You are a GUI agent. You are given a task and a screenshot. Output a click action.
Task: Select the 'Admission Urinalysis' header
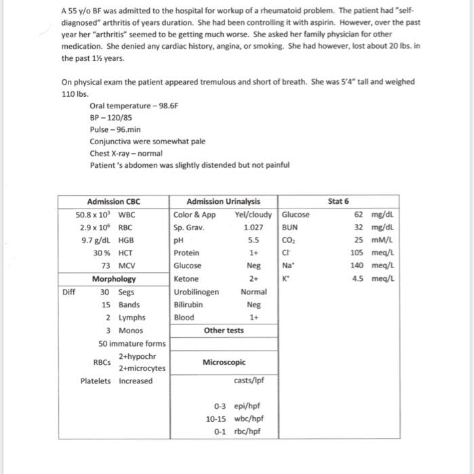(x=223, y=201)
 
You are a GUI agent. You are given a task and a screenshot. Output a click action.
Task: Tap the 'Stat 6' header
(x=338, y=201)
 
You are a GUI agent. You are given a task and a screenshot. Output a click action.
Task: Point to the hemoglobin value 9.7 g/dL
(x=98, y=240)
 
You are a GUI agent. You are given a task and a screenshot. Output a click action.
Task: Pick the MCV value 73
(x=106, y=266)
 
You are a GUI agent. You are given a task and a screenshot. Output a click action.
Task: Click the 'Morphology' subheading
(x=114, y=279)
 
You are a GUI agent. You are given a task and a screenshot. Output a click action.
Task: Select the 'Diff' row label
(x=68, y=292)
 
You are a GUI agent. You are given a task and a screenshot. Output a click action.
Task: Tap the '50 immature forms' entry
(x=132, y=343)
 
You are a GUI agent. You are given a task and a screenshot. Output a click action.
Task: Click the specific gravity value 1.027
(x=253, y=228)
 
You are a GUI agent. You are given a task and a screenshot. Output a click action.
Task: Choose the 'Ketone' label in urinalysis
(x=186, y=279)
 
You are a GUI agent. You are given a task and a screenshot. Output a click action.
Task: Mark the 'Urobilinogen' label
(x=196, y=292)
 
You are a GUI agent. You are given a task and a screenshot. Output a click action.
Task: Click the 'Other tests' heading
(x=224, y=330)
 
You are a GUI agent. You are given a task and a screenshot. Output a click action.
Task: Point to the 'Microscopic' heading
(x=223, y=363)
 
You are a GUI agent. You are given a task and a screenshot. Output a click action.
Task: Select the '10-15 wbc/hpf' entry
(x=235, y=418)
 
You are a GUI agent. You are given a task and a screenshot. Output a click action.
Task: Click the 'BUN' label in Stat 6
(x=290, y=228)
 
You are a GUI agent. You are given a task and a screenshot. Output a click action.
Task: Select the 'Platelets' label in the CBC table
(x=96, y=381)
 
